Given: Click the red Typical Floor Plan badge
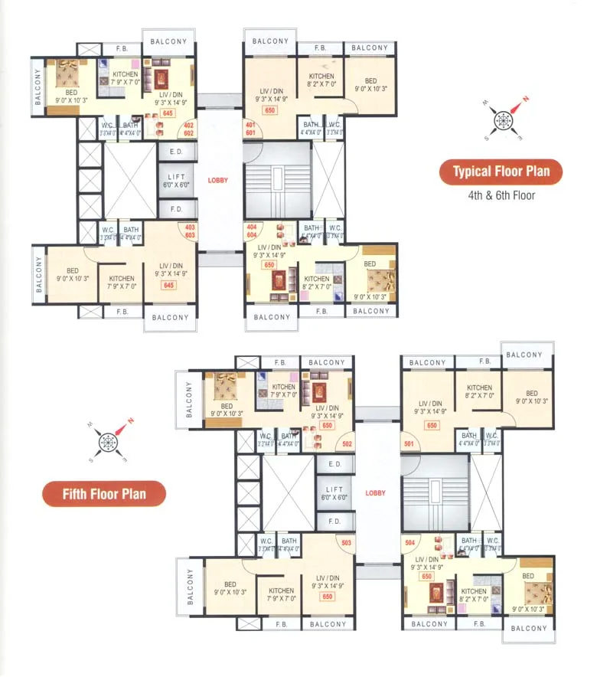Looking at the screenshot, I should coord(501,172).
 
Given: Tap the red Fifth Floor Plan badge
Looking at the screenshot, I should coord(104,494).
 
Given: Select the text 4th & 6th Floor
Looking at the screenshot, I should coord(501,195).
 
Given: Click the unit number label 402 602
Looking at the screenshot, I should coord(188,129).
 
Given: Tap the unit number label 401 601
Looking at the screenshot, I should coord(250,129).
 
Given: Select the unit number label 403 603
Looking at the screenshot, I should coord(188,231).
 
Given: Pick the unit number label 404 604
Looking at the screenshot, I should coord(251,231).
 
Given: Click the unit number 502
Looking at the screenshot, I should coord(347,443).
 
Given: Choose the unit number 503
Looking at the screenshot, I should coord(346,543).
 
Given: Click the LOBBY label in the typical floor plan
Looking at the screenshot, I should coord(218,180).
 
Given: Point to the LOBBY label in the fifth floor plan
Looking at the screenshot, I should coord(376,493).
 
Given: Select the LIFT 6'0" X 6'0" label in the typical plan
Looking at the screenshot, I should coord(176,181).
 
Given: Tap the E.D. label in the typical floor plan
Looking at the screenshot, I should coord(176,152).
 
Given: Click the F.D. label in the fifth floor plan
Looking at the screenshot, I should coord(334,522).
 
